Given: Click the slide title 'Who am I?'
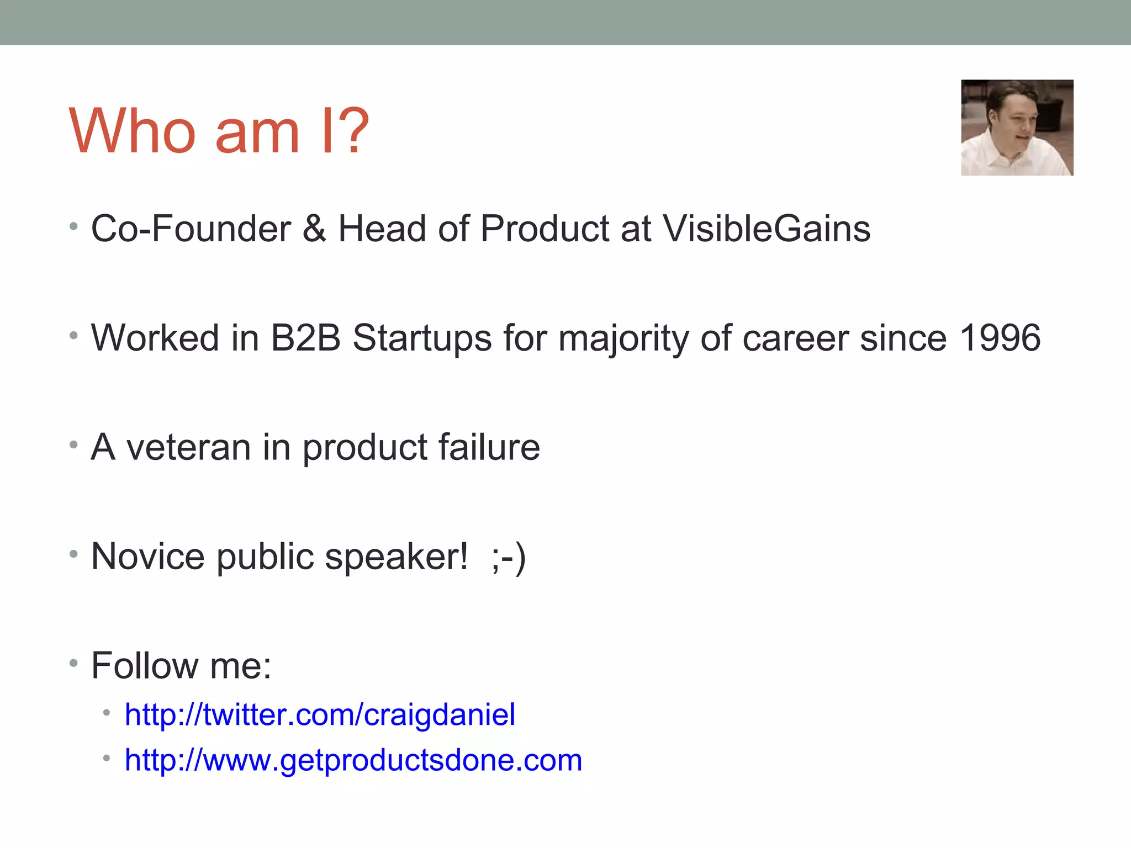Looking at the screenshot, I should pos(219,131).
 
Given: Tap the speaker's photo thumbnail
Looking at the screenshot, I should pos(1017,128).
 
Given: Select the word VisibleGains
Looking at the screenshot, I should pos(766,229).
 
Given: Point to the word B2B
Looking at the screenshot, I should pos(305,337).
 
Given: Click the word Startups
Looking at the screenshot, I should pos(422,337).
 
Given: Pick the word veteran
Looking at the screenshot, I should pos(188,447).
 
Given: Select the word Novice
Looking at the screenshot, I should pos(147,556).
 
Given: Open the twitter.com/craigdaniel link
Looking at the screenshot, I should pos(320,714).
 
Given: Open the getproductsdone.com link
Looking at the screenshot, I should pos(353,760).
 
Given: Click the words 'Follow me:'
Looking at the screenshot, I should pos(181,665).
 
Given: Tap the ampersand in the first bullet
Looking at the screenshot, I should pos(314,229).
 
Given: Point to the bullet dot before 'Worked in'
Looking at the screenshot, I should pos(73,335).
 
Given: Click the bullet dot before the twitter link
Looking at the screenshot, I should pos(107,713).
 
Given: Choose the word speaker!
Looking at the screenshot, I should pos(396,556).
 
